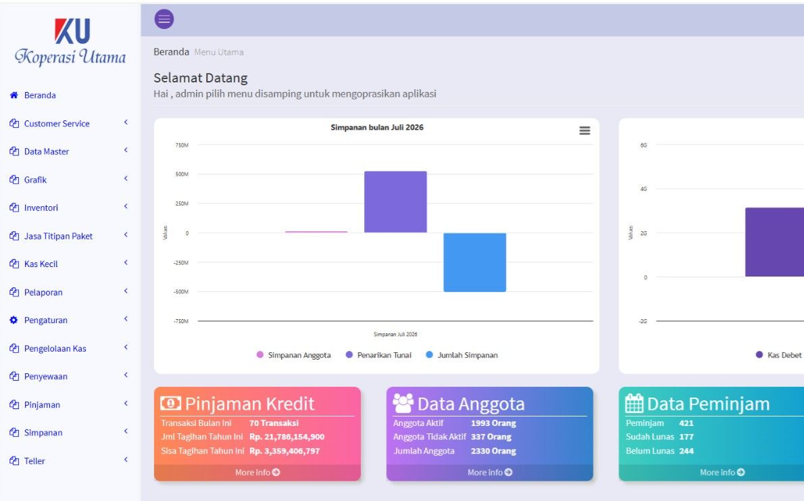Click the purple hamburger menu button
164,19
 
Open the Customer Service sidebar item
56,123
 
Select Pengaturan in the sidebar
46,320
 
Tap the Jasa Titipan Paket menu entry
58,236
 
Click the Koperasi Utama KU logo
70,42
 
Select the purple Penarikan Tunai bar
395,201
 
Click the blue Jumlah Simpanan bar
475,262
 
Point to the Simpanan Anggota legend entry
294,355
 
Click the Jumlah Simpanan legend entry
462,355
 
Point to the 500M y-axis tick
182,174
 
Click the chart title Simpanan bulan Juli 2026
377,127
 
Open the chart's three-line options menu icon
584,131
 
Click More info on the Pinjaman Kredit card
257,472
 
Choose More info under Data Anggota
490,472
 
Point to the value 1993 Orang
493,423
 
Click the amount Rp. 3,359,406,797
284,451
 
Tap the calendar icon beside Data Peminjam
634,404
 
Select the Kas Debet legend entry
778,355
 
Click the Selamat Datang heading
201,78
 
